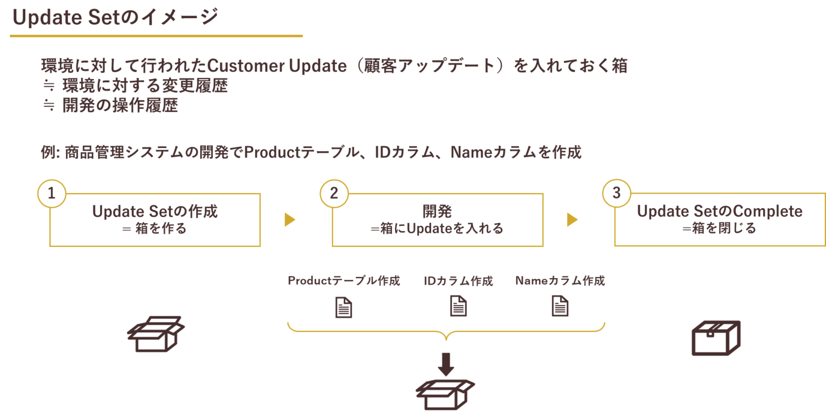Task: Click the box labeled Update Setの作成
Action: tap(155, 220)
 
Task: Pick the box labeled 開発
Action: tap(437, 220)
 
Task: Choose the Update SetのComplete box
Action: tap(720, 220)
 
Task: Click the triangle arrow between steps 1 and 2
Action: tap(290, 219)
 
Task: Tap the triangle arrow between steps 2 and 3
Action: tap(572, 219)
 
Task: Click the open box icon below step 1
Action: tap(155, 334)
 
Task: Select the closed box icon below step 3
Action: tap(716, 338)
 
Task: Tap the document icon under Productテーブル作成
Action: tap(344, 307)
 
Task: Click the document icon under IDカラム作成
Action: tap(458, 307)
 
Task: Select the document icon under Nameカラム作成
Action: tap(560, 307)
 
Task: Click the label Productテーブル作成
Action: tap(344, 281)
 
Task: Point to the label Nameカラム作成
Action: tap(560, 281)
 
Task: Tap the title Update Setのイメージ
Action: tap(115, 18)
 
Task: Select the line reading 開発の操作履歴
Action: tap(120, 106)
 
